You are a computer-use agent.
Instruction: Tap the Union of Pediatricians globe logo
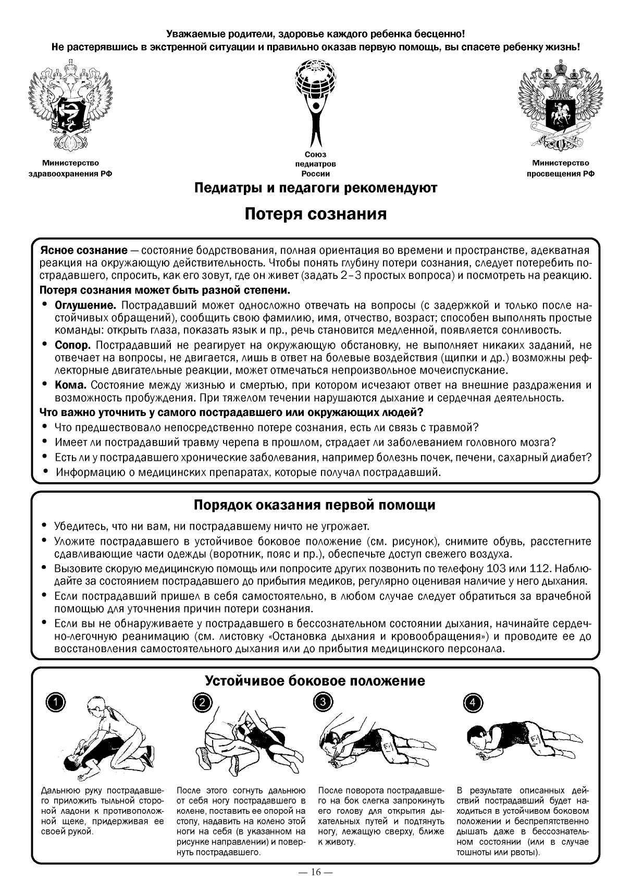tap(315, 102)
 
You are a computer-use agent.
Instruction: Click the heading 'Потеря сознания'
tap(316, 214)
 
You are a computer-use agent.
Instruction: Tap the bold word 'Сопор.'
tap(73, 345)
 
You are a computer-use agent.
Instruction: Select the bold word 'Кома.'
tap(71, 385)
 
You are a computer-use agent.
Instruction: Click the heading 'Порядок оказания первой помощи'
tap(315, 505)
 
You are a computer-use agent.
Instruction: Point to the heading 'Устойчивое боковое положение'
tap(315, 681)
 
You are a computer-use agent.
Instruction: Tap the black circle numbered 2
tap(202, 702)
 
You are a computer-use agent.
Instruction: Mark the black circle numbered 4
tap(473, 702)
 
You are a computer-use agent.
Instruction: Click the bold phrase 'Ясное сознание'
tap(83, 250)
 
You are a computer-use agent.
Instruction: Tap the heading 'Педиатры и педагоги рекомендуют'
tap(315, 188)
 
